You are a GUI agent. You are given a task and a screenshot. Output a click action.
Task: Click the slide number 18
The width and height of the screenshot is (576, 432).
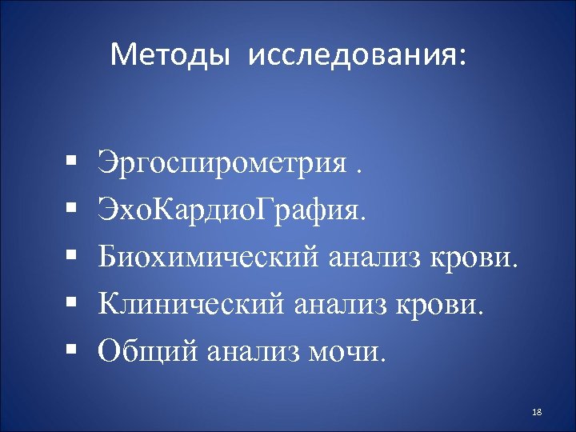coord(537,411)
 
